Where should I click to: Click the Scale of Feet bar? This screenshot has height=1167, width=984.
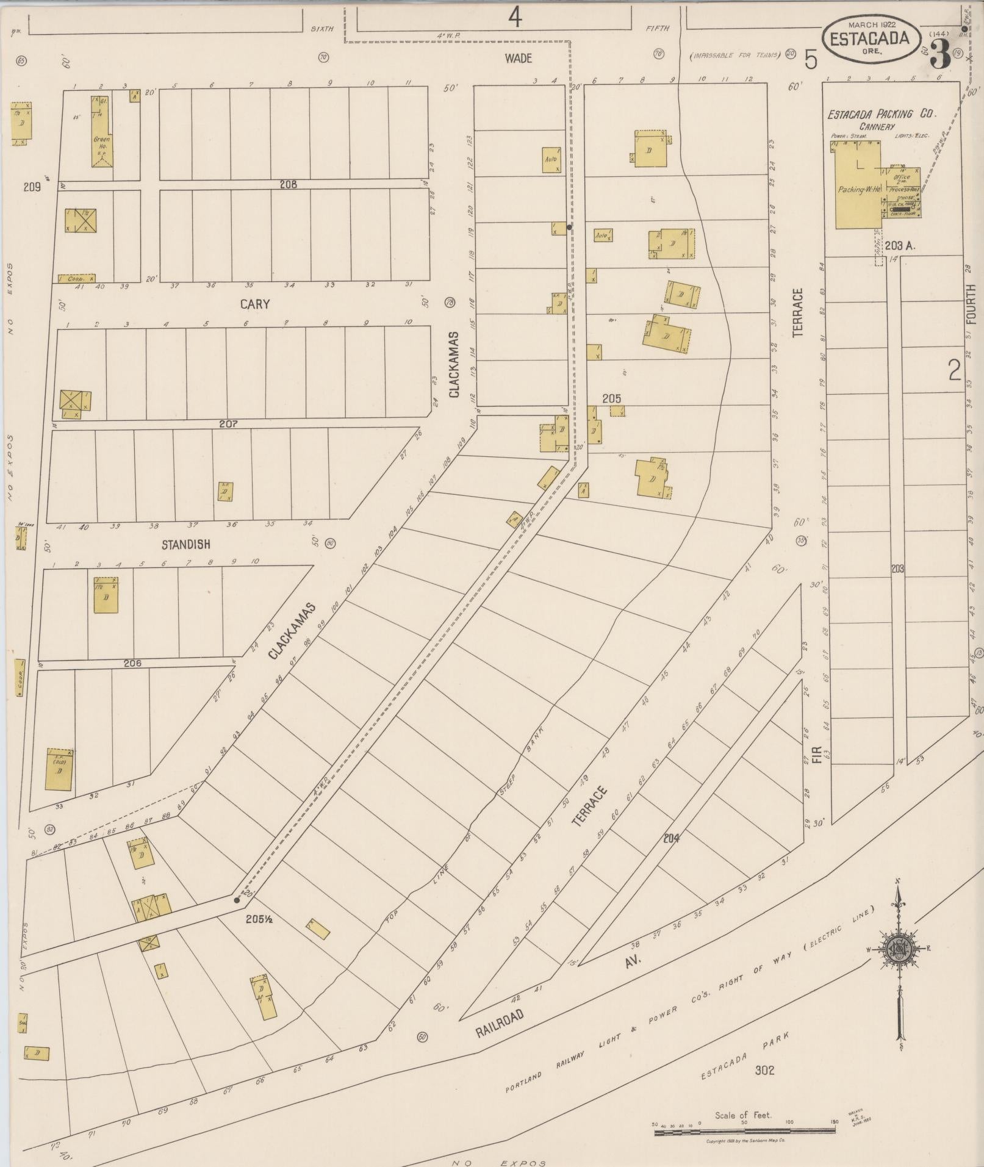pyautogui.click(x=744, y=1132)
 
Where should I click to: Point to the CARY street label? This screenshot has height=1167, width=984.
pyautogui.click(x=255, y=304)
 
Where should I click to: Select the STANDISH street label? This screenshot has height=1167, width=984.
pyautogui.click(x=186, y=544)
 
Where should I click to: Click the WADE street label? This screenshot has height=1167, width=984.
pyautogui.click(x=518, y=59)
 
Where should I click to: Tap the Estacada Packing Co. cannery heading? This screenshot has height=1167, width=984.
pyautogui.click(x=882, y=114)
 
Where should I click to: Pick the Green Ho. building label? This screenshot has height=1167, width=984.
pyautogui.click(x=101, y=143)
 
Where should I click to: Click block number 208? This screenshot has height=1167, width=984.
pyautogui.click(x=288, y=184)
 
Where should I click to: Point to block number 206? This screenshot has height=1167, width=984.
pyautogui.click(x=132, y=663)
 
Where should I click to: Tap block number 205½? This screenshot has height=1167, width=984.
pyautogui.click(x=259, y=919)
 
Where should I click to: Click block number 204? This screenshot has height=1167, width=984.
pyautogui.click(x=671, y=838)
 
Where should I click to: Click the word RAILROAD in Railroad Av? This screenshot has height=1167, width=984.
pyautogui.click(x=500, y=1025)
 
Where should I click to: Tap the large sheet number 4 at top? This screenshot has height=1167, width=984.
pyautogui.click(x=515, y=18)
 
